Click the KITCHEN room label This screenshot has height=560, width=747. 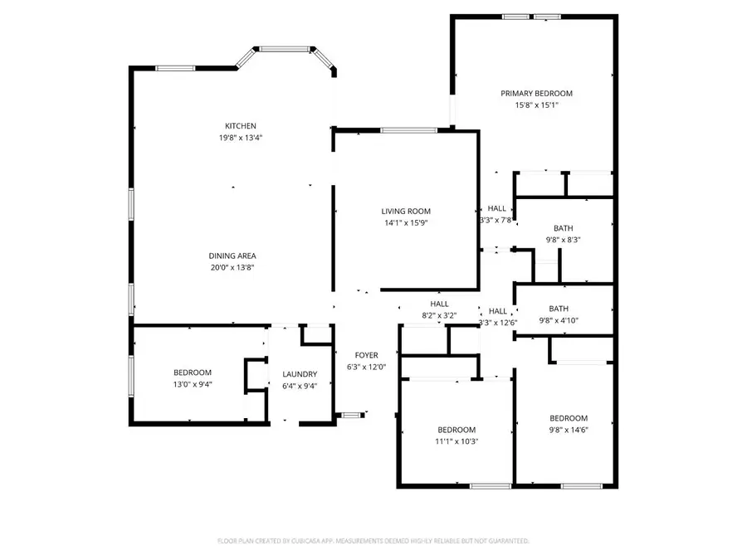pyautogui.click(x=233, y=126)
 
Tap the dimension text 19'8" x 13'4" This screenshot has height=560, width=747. pyautogui.click(x=233, y=138)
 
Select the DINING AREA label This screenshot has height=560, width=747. pyautogui.click(x=232, y=256)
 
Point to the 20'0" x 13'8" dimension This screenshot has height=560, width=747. pyautogui.click(x=232, y=267)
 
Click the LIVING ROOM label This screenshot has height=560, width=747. pyautogui.click(x=406, y=212)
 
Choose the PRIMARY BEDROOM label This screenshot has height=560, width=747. pyautogui.click(x=536, y=94)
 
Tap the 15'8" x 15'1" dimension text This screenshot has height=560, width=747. pyautogui.click(x=536, y=105)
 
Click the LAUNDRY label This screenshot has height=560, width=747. pyautogui.click(x=300, y=374)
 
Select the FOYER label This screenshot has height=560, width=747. pyautogui.click(x=367, y=355)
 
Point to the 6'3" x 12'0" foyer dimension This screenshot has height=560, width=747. pyautogui.click(x=367, y=367)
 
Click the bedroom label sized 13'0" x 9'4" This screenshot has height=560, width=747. pyautogui.click(x=193, y=373)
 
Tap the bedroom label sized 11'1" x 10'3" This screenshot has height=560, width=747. pyautogui.click(x=456, y=430)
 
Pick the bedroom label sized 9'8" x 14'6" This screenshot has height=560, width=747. pyautogui.click(x=569, y=418)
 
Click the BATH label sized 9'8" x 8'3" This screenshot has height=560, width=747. pyautogui.click(x=564, y=228)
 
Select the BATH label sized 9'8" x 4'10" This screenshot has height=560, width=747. pyautogui.click(x=564, y=309)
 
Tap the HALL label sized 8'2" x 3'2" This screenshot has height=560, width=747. pyautogui.click(x=439, y=304)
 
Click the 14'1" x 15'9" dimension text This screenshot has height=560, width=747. pyautogui.click(x=406, y=222)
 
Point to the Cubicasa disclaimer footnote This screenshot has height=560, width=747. pyautogui.click(x=373, y=541)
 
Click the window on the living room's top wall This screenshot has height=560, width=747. pyautogui.click(x=409, y=129)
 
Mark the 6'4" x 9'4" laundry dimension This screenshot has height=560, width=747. pyautogui.click(x=300, y=386)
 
